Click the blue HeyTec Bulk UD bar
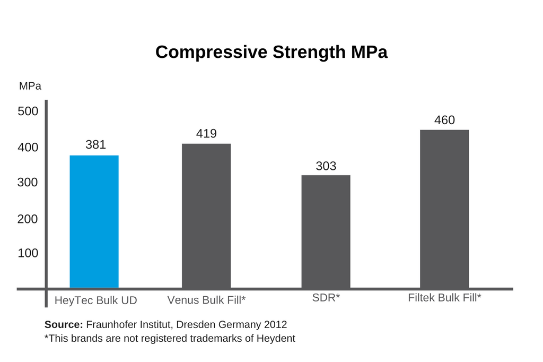click(94, 221)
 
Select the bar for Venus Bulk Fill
click(206, 216)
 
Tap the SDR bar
click(326, 231)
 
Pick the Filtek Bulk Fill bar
click(444, 209)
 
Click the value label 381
click(95, 144)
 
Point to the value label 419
click(206, 134)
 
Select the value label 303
click(326, 166)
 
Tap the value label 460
click(444, 120)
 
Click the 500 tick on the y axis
click(28, 111)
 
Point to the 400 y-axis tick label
click(28, 148)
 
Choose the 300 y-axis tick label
click(28, 183)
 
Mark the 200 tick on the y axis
click(28, 219)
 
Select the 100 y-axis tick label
click(28, 253)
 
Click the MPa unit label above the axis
click(30, 86)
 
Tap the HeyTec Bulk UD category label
click(96, 300)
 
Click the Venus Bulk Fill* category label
click(206, 300)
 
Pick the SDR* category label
click(326, 297)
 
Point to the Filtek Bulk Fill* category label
click(445, 297)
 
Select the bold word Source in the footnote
click(64, 324)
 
